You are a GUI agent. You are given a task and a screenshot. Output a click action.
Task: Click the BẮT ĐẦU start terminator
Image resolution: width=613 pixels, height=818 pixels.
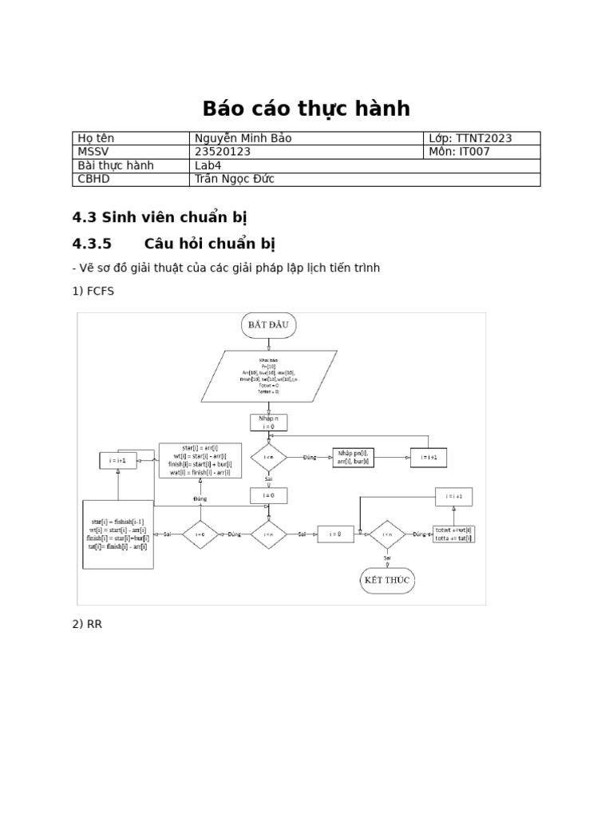tap(269, 325)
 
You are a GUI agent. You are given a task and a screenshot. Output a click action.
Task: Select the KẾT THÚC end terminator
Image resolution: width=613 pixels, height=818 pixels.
tap(387, 580)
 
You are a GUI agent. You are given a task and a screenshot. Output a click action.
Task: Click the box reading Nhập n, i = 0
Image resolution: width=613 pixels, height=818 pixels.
tap(268, 423)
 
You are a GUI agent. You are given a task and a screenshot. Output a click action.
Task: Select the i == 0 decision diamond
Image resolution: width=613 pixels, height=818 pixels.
tap(200, 534)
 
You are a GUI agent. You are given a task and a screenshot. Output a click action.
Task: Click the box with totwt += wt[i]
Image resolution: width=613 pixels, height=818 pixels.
tap(453, 534)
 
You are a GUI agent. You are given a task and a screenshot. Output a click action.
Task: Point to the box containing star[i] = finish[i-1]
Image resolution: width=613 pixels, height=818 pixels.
tap(118, 534)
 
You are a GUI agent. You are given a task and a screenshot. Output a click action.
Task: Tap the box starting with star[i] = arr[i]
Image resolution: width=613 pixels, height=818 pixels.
tap(200, 460)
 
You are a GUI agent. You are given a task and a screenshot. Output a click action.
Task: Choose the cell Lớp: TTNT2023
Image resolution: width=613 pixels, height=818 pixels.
tap(471, 138)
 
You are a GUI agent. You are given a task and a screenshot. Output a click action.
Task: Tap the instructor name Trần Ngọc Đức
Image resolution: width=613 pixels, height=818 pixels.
tap(235, 179)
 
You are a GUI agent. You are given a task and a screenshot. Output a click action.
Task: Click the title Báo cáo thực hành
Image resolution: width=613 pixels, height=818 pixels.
tap(306, 109)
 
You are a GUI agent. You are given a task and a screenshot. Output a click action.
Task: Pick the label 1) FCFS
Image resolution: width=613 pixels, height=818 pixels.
tap(93, 291)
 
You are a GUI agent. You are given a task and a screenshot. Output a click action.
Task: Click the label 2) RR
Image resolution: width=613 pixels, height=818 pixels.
tap(87, 624)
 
